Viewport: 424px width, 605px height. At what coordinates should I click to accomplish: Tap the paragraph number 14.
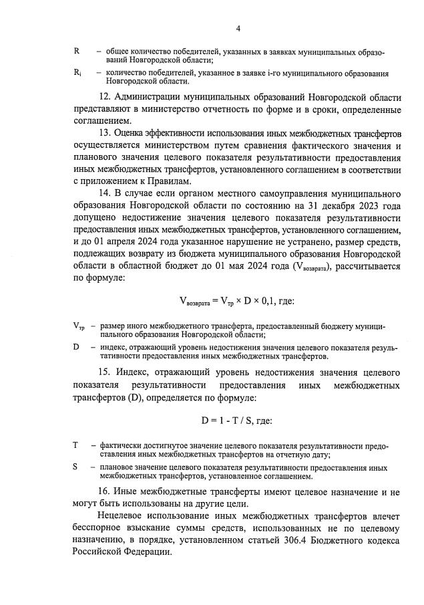[104, 194]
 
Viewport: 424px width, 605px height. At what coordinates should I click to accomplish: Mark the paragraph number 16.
[104, 491]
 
